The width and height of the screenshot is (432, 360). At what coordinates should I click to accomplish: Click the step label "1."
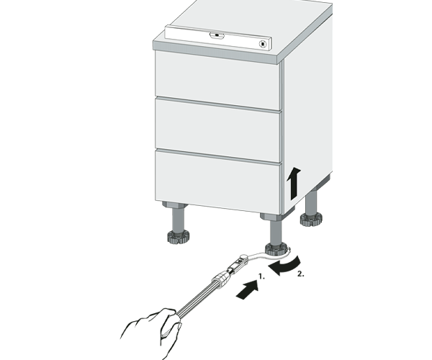(x=261, y=276)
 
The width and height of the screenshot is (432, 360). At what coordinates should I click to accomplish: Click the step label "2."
(x=301, y=274)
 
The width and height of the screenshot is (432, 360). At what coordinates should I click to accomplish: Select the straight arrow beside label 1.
(x=248, y=289)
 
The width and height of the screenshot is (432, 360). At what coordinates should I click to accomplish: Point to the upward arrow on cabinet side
(x=294, y=183)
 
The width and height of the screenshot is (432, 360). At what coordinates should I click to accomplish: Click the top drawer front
(x=217, y=81)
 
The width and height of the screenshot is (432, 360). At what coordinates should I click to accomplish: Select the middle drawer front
(x=217, y=130)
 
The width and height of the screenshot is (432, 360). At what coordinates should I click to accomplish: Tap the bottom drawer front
(x=217, y=181)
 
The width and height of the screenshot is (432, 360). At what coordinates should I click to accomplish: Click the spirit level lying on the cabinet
(x=218, y=37)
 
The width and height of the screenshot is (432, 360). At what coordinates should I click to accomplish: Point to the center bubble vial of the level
(x=217, y=35)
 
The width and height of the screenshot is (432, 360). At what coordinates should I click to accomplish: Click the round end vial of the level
(x=263, y=44)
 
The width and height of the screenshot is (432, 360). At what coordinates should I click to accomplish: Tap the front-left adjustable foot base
(x=178, y=237)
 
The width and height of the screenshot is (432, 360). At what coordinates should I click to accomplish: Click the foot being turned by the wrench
(x=276, y=249)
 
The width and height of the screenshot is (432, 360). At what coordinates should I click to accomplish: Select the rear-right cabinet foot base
(x=311, y=220)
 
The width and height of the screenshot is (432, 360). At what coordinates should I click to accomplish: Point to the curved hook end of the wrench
(x=264, y=256)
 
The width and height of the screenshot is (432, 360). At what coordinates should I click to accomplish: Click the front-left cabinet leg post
(x=178, y=220)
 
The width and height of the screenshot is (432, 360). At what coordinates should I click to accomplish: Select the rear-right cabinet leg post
(x=312, y=202)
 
